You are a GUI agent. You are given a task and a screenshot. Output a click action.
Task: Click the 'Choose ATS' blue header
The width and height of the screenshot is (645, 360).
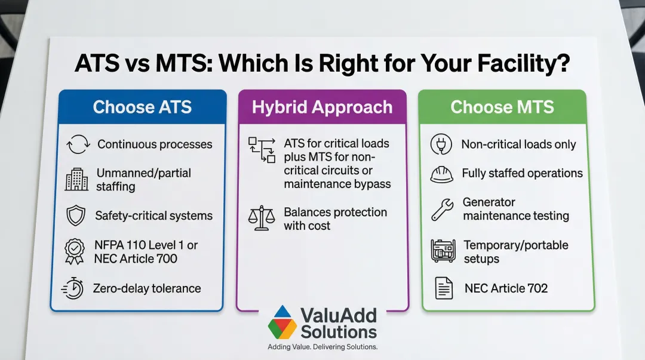tap(142, 107)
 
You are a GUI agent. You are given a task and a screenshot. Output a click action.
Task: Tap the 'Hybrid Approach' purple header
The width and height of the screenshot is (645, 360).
tap(322, 107)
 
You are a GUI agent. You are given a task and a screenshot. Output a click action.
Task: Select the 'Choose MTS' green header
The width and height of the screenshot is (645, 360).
tap(502, 107)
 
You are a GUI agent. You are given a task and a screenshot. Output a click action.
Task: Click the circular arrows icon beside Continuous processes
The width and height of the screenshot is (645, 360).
tap(78, 144)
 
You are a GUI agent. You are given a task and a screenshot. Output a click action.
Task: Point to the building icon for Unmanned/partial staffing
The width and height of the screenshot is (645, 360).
tap(76, 179)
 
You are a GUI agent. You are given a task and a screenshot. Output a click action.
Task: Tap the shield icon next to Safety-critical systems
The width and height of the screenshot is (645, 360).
tap(76, 216)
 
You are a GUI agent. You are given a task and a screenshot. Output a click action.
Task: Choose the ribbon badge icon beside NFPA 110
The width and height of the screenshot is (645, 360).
tap(75, 251)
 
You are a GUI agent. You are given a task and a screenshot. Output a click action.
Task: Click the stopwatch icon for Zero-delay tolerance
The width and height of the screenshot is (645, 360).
tap(73, 288)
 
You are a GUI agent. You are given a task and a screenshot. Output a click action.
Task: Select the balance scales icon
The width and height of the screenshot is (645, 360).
tap(261, 219)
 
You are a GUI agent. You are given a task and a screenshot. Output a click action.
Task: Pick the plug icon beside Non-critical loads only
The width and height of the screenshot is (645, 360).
tap(441, 144)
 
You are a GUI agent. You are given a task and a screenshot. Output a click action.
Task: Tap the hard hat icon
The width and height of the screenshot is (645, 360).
tap(442, 174)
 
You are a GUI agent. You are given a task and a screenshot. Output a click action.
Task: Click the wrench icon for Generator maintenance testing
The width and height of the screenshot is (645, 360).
tap(442, 210)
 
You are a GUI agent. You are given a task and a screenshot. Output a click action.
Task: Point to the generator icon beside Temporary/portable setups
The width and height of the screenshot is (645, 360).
tap(443, 251)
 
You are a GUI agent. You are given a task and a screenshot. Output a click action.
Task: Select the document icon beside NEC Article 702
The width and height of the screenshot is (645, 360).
tap(444, 288)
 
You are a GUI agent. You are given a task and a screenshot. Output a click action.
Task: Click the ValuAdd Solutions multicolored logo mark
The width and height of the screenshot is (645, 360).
tap(282, 322)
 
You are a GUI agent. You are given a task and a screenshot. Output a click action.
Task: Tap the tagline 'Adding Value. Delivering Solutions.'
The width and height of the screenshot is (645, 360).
tap(322, 347)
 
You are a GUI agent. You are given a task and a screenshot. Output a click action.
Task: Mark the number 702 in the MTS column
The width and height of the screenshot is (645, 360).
tap(537, 288)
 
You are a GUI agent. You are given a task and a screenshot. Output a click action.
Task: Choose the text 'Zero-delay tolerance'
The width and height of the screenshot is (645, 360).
tap(147, 288)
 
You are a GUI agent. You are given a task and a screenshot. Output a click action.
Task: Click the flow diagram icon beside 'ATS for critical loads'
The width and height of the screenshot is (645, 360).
tap(262, 150)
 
